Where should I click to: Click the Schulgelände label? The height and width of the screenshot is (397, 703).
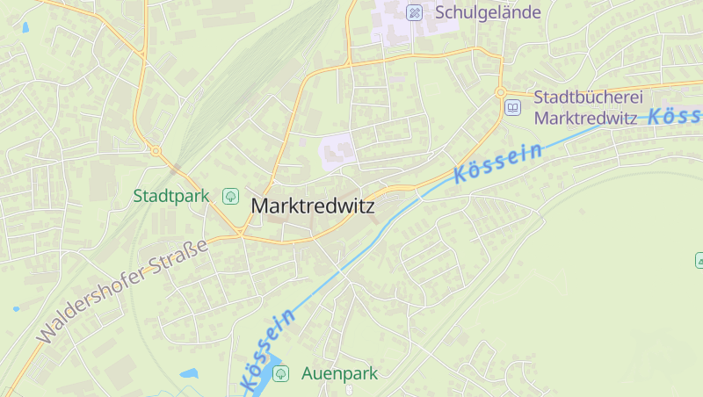pyautogui.click(x=488, y=12)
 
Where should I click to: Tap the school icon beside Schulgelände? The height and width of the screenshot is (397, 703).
pyautogui.click(x=415, y=12)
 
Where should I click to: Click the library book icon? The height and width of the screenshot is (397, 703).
pyautogui.click(x=512, y=107)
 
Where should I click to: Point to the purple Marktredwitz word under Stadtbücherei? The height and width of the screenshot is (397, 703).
pyautogui.click(x=586, y=118)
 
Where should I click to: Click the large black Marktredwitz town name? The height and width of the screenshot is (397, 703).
pyautogui.click(x=313, y=206)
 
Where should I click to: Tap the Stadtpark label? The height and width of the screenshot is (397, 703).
pyautogui.click(x=171, y=195)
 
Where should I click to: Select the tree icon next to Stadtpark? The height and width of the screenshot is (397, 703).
pyautogui.click(x=230, y=195)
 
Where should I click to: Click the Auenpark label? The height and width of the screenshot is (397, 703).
pyautogui.click(x=339, y=373)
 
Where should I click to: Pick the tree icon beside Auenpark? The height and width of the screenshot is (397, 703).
pyautogui.click(x=280, y=373)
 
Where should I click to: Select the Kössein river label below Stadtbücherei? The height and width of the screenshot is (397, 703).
pyautogui.click(x=497, y=163)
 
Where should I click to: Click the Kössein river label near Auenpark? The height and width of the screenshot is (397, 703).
pyautogui.click(x=266, y=350)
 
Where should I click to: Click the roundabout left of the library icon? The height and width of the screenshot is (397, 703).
pyautogui.click(x=500, y=92)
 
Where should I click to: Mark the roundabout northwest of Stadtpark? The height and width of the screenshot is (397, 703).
pyautogui.click(x=156, y=151)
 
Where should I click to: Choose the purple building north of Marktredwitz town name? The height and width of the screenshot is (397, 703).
pyautogui.click(x=338, y=149)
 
